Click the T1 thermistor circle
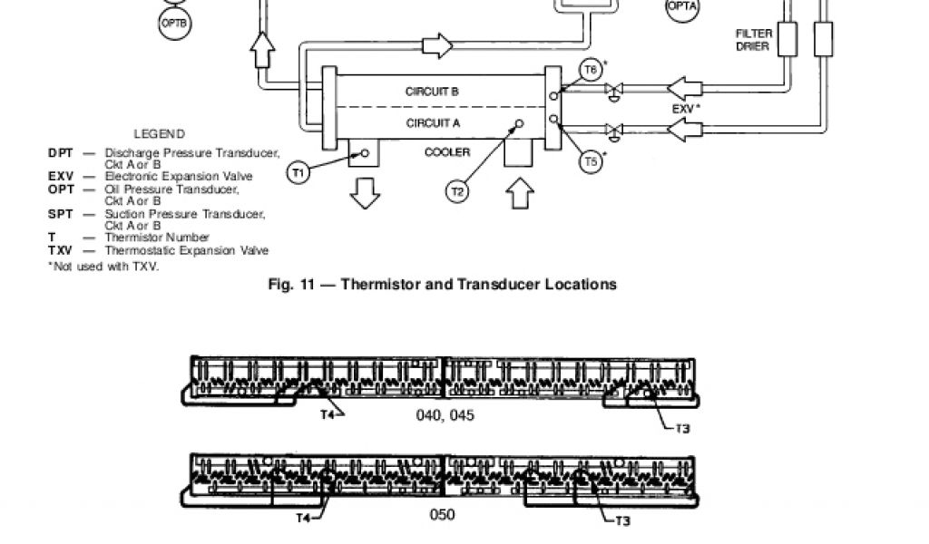coord(299,172)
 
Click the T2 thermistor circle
coord(458,191)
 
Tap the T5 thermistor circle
coord(591,162)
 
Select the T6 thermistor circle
coord(591,70)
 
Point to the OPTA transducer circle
coord(682,7)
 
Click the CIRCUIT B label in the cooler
coord(432,92)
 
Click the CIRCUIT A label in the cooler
coord(433,121)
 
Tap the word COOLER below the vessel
coord(447,152)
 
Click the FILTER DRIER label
coord(753,40)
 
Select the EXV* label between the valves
coord(687,109)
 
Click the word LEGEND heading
coord(159,133)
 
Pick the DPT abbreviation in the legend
coord(60,153)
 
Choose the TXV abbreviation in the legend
coord(61,250)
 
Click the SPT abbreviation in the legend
coord(60,214)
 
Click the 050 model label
coord(442,515)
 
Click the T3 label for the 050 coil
coord(622,521)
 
